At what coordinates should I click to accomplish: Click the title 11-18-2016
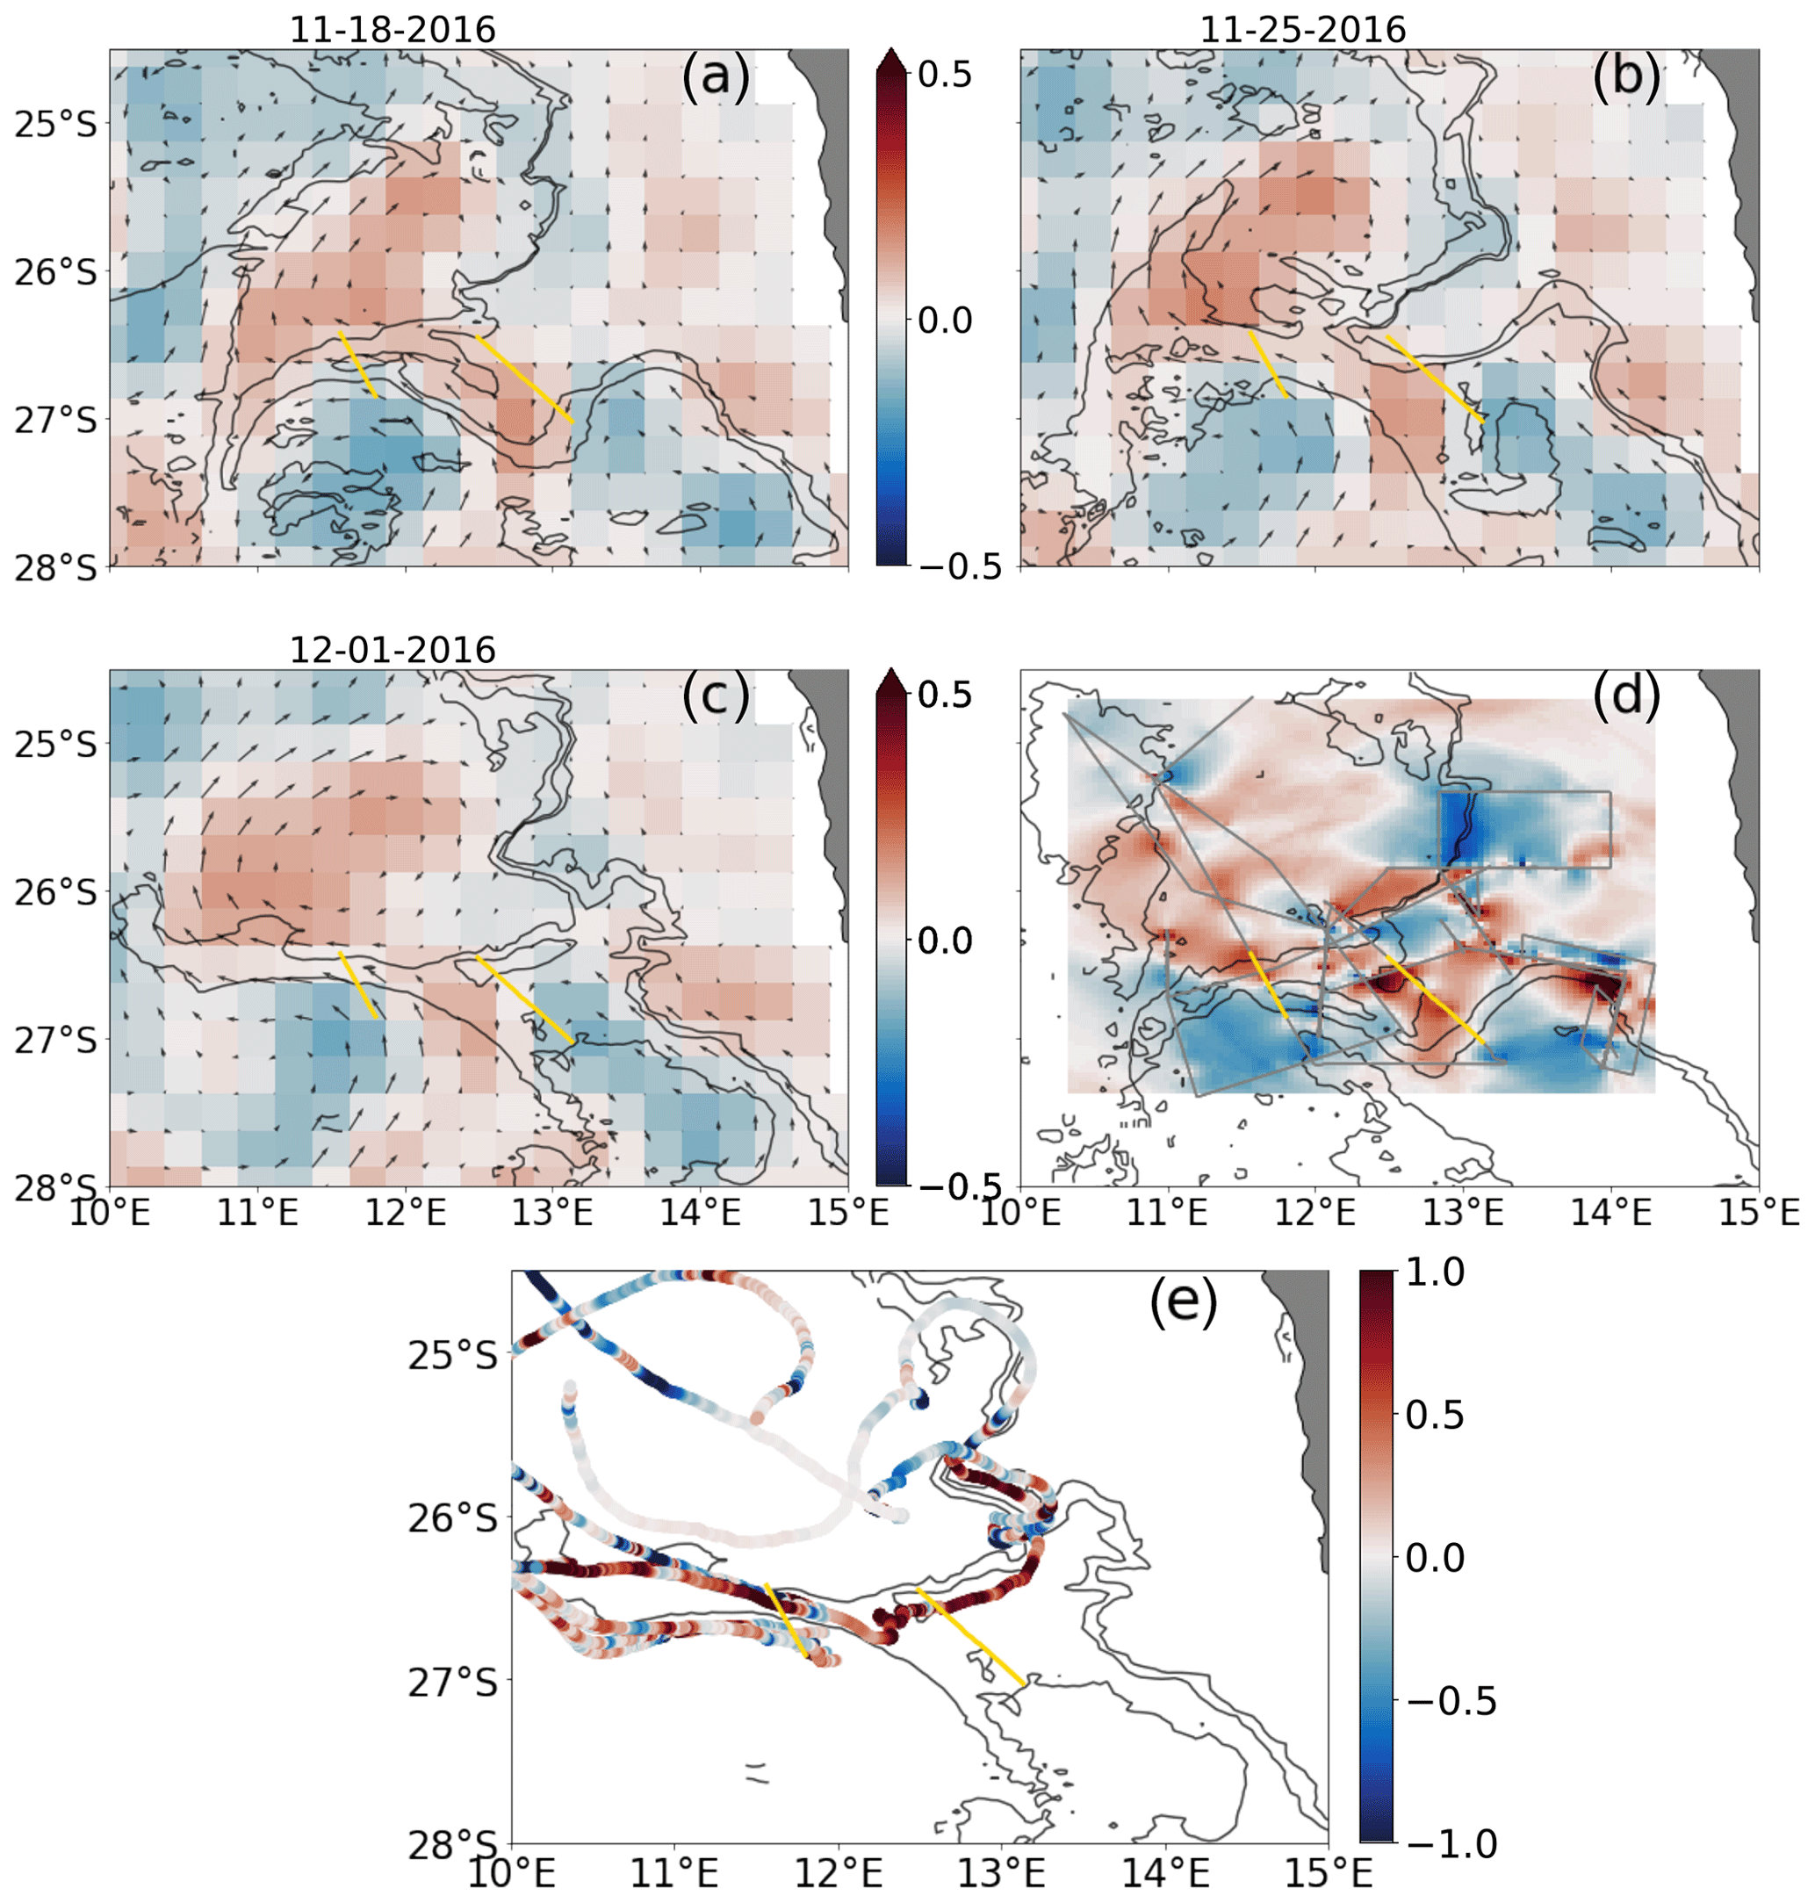[x=393, y=29]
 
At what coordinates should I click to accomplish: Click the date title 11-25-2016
[x=1302, y=29]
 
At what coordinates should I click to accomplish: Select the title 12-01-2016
[x=393, y=649]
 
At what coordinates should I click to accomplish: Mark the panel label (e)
[x=1182, y=1303]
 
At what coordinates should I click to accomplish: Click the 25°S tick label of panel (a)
[x=56, y=124]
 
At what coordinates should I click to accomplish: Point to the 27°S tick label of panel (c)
[x=56, y=1039]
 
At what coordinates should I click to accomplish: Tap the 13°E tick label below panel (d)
[x=1463, y=1211]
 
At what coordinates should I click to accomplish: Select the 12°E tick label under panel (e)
[x=839, y=1874]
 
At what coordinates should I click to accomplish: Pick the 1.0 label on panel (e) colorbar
[x=1435, y=1273]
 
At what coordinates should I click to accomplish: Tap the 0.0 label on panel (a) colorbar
[x=944, y=320]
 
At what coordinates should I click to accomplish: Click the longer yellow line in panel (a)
[x=524, y=378]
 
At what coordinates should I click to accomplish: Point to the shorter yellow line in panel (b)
[x=1267, y=364]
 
